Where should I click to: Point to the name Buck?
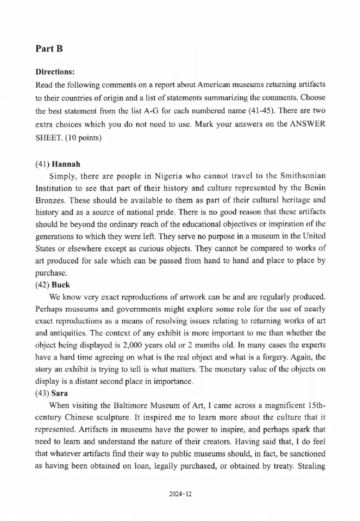point(61,285)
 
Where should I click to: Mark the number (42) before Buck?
point(43,285)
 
